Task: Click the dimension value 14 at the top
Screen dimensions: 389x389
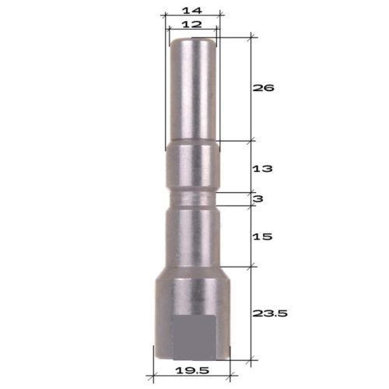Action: tap(192, 10)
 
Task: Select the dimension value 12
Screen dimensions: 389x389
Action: tap(192, 25)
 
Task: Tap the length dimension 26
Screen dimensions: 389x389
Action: tap(265, 88)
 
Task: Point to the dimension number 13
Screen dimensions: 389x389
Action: tap(265, 167)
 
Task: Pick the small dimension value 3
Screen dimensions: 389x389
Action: tap(258, 199)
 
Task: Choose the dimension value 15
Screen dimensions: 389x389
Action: tap(265, 235)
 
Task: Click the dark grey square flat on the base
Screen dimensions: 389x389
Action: tap(193, 338)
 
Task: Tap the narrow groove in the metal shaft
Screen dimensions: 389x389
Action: tap(193, 200)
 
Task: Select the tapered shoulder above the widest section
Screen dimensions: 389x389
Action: tap(193, 273)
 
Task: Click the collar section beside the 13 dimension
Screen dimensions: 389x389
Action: tap(193, 167)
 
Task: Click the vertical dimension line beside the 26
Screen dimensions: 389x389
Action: tap(251, 88)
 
